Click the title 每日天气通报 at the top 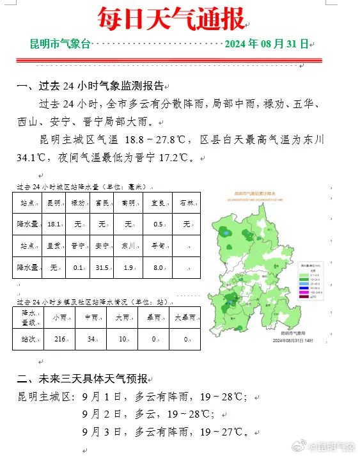click(171, 19)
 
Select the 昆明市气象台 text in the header click(61, 44)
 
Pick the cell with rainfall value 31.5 click(102, 267)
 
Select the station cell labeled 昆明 click(54, 203)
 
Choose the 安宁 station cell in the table click(102, 246)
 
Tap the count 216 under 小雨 click(60, 339)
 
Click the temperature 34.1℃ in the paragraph click(33, 157)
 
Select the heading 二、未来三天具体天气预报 click(83, 378)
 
